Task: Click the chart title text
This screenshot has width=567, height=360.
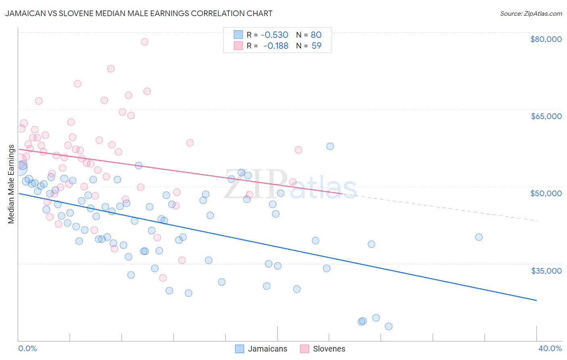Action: coord(139,14)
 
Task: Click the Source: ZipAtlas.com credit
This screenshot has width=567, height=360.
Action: coord(531,14)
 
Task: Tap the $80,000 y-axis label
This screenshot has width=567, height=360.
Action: coord(546,39)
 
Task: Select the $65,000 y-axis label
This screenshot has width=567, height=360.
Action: coord(546,116)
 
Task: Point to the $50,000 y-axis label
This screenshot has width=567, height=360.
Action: coord(546,193)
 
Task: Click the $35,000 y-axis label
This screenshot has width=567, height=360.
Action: coord(546,270)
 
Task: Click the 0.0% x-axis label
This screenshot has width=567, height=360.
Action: coord(28,349)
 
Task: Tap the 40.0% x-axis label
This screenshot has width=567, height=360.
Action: coord(550,349)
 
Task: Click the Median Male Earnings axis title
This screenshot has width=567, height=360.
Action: coord(11,184)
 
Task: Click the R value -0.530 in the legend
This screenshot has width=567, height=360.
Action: coord(275,35)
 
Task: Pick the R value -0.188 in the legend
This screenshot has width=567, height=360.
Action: coord(276,46)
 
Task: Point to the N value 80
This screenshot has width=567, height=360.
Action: coord(316,35)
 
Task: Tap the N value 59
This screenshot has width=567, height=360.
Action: coord(317,46)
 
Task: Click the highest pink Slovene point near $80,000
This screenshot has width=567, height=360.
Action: coord(144,42)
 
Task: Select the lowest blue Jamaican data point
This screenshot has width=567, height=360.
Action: coord(388,327)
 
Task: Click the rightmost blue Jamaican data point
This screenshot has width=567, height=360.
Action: coord(479,237)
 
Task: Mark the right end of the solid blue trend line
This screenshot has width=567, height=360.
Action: coord(537,300)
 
